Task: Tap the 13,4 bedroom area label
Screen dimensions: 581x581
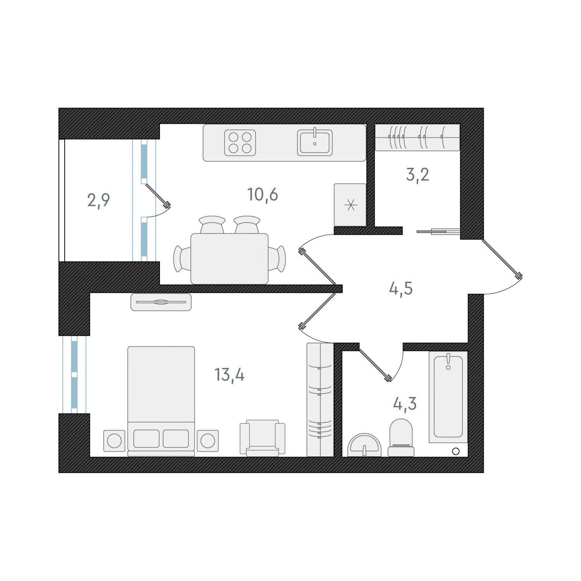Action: click(229, 375)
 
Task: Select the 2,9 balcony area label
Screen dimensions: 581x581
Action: click(98, 200)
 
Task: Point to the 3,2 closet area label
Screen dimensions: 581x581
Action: click(417, 175)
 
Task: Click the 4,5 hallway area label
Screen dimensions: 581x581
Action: click(401, 289)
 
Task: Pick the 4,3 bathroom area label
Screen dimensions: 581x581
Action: click(405, 404)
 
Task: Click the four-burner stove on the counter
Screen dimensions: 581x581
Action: click(240, 143)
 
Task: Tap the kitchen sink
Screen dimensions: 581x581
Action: click(315, 143)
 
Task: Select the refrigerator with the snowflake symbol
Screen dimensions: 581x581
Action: click(350, 205)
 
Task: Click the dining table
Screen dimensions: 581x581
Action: click(229, 259)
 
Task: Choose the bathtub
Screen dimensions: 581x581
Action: click(448, 397)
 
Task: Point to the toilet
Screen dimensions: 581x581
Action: click(401, 438)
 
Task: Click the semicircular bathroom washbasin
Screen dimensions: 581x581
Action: click(364, 445)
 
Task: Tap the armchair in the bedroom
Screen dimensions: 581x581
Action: click(263, 438)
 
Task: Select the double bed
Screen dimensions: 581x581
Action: click(161, 401)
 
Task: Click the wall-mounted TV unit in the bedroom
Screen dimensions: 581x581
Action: click(161, 302)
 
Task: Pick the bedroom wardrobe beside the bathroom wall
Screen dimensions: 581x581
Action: click(320, 400)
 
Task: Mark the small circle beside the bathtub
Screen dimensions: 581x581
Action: click(456, 451)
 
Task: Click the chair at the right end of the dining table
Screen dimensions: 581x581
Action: click(277, 259)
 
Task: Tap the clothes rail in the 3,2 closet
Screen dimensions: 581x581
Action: click(418, 138)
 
